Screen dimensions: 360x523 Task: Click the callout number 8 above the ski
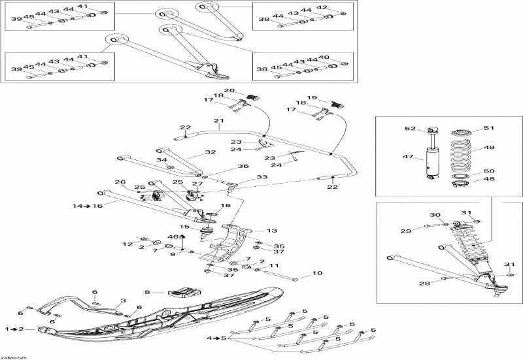[148, 292]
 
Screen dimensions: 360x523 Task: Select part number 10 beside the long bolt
[318, 274]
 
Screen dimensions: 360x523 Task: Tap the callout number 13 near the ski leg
[272, 231]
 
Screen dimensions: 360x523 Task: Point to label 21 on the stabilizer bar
[218, 121]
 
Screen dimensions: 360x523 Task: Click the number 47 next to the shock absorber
[410, 157]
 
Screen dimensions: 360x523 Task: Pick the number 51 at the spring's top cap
[490, 128]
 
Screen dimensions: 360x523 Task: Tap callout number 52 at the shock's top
[410, 129]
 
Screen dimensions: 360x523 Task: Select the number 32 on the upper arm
[210, 152]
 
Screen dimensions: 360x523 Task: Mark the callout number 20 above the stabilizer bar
[229, 91]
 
